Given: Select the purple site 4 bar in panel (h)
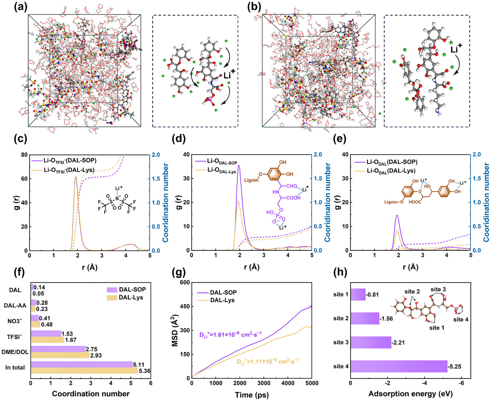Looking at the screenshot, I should [399, 366].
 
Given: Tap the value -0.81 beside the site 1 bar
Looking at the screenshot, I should [372, 295].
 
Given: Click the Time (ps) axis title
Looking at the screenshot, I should [252, 395].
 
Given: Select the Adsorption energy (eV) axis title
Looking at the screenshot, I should [410, 394].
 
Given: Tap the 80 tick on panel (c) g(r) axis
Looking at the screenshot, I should [23, 155].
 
